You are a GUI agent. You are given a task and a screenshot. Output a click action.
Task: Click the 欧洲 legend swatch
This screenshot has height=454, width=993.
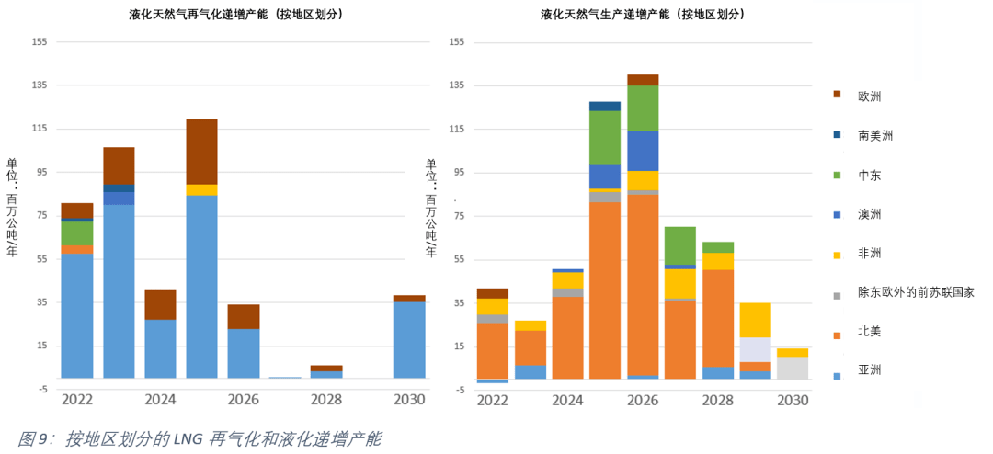(x=837, y=95)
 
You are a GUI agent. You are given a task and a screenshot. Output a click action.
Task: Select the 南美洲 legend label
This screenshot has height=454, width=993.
(x=874, y=135)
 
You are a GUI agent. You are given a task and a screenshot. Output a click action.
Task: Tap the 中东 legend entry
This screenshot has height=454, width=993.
(x=869, y=175)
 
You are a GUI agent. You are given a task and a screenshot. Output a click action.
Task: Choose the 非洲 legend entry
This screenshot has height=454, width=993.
(x=869, y=253)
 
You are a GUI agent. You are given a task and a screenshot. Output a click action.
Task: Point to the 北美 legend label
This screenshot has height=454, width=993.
(x=869, y=331)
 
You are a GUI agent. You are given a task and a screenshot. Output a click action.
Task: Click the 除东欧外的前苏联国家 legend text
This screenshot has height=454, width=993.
(x=915, y=292)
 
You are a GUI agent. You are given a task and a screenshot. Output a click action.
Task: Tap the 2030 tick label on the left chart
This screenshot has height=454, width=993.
(x=409, y=400)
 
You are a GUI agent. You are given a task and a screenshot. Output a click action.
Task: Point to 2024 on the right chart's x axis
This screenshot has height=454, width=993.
(x=567, y=400)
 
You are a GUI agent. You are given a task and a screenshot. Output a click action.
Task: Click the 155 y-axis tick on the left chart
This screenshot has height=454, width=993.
(x=40, y=42)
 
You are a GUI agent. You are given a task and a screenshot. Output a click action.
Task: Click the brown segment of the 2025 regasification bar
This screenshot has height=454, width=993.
(x=201, y=152)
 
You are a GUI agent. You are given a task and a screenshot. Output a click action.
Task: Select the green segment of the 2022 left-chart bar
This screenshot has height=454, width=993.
(x=77, y=233)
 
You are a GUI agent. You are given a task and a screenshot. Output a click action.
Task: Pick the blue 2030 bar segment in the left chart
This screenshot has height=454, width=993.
(x=409, y=339)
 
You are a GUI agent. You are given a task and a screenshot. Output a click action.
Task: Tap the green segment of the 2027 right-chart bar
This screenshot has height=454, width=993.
(x=679, y=244)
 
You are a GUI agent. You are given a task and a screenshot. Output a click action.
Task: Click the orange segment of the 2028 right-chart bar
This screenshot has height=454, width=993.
(x=717, y=317)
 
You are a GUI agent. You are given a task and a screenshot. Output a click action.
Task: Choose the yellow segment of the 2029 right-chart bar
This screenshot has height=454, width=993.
(x=755, y=320)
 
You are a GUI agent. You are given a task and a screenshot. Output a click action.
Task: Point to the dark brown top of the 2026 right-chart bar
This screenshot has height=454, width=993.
(x=643, y=80)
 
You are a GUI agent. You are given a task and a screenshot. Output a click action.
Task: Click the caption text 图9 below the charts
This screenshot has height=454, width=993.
(x=33, y=439)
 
